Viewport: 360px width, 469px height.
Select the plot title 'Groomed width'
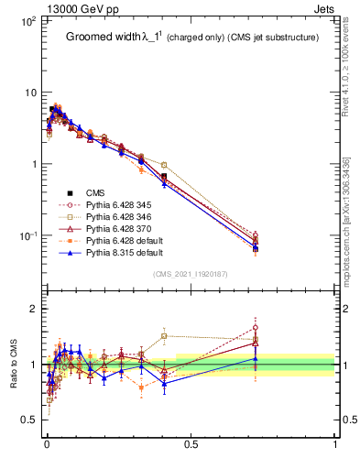coord(102,38)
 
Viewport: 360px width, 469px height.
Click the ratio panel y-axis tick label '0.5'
coord(28,420)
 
